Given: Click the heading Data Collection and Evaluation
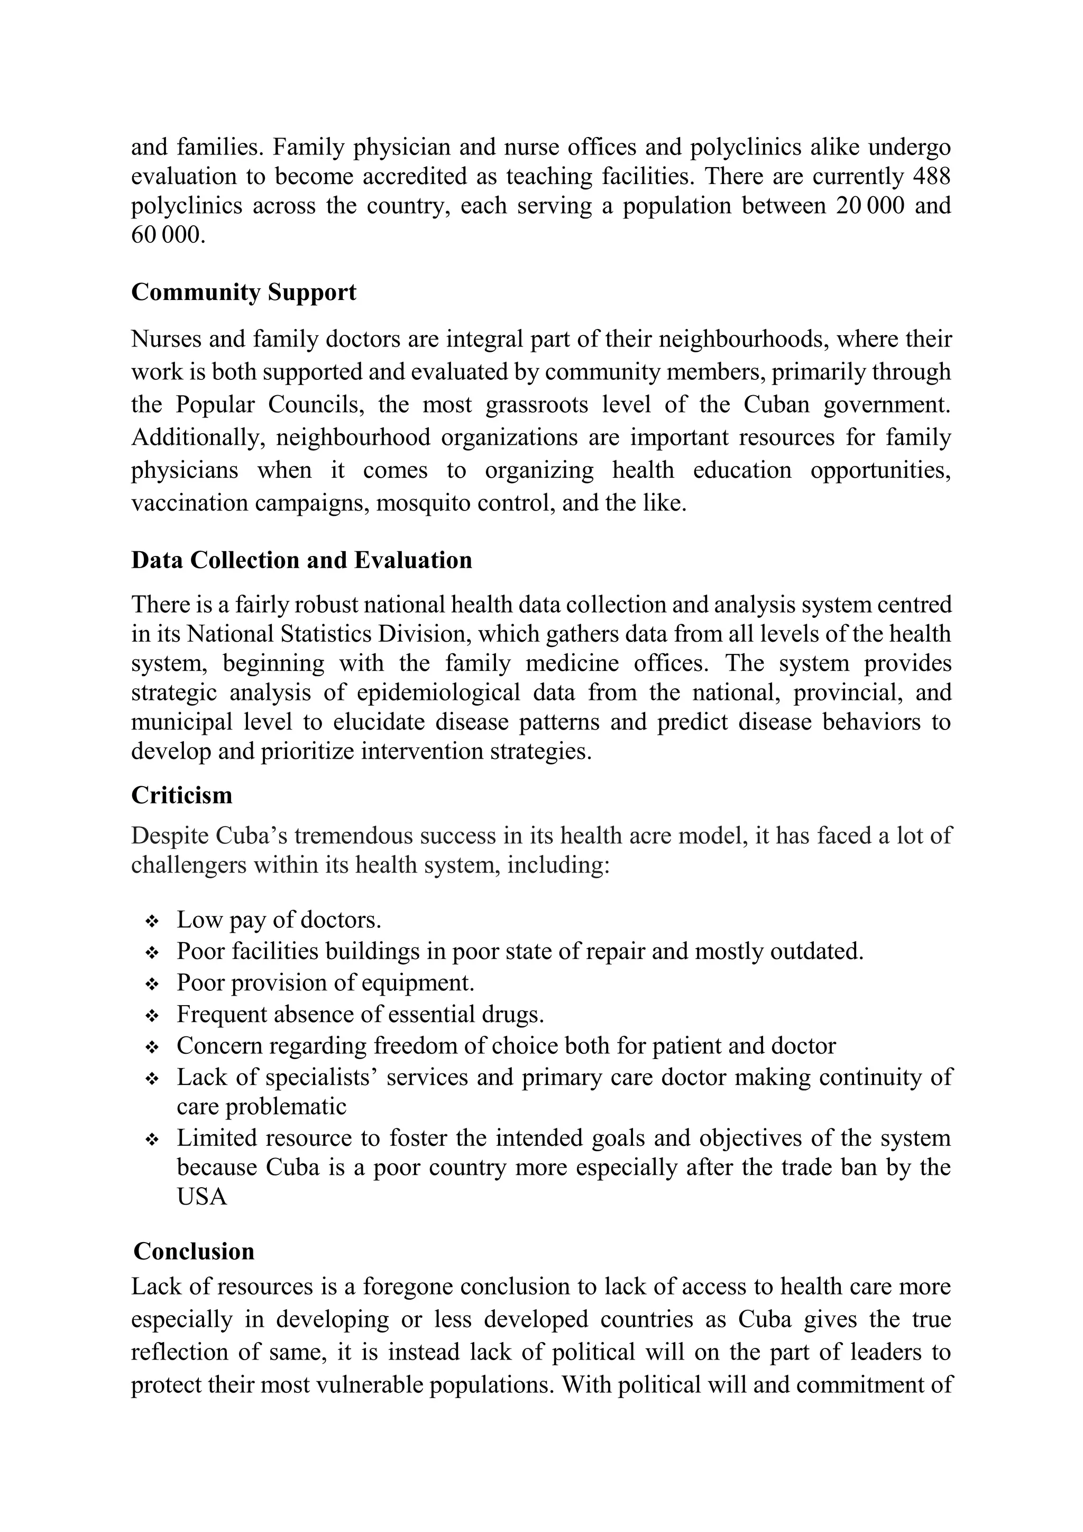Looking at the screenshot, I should (301, 560).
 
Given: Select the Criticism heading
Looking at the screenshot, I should (181, 795).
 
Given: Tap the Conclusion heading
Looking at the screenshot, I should (194, 1251).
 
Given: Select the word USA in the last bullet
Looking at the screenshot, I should (201, 1197).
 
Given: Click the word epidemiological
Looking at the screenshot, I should (438, 692).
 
